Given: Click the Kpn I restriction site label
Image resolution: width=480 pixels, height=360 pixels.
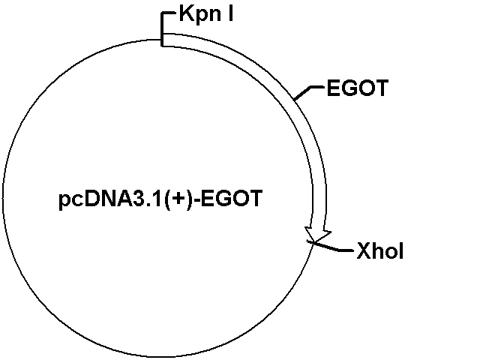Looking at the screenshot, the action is click(x=206, y=15).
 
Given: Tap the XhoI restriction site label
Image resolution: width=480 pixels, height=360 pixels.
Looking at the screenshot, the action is click(x=380, y=251).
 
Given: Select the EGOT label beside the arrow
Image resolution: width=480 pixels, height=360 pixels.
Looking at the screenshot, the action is click(x=358, y=88).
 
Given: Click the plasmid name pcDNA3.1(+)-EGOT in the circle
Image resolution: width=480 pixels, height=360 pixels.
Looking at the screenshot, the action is click(x=160, y=199).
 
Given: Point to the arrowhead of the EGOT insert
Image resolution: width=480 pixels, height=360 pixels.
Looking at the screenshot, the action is click(x=317, y=236).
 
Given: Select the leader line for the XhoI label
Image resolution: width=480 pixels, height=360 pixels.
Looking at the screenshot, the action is click(x=330, y=247).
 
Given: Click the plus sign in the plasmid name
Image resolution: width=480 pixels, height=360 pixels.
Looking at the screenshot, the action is click(x=178, y=199).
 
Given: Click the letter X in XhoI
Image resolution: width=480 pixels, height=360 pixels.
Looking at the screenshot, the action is click(x=364, y=251).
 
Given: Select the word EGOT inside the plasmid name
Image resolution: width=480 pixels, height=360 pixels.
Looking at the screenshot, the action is click(x=232, y=198).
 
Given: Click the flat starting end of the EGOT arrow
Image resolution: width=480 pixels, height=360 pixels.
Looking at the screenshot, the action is click(x=162, y=40).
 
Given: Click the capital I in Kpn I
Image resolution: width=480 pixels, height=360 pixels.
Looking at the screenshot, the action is click(x=230, y=13).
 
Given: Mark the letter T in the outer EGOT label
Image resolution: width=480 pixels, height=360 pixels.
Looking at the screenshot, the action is click(x=382, y=88).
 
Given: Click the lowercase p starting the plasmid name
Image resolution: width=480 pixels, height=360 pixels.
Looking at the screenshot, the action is click(x=64, y=201).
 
